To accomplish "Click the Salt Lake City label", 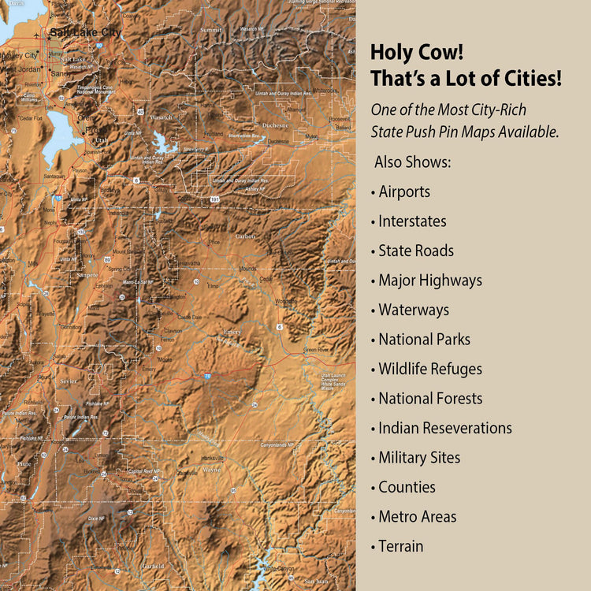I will click(85, 32).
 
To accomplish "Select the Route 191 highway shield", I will click(214, 200).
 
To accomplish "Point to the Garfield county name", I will click(154, 566).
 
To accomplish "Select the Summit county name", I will click(211, 29).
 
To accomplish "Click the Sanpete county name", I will click(87, 275).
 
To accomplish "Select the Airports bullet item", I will click(404, 191).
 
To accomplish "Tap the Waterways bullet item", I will click(413, 310).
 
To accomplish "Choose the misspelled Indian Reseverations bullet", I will click(444, 428).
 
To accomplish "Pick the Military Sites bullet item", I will click(419, 458).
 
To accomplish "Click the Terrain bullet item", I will click(400, 546).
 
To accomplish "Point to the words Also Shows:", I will click(413, 162).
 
